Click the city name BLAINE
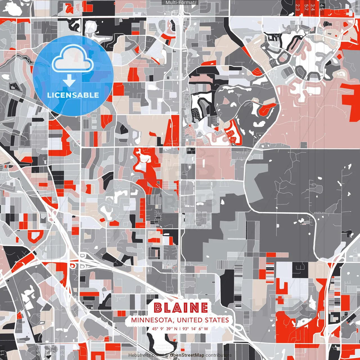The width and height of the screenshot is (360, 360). [x=181, y=308]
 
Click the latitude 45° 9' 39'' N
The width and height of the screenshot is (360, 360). [x=165, y=329]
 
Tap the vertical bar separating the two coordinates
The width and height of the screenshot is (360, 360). [x=180, y=329]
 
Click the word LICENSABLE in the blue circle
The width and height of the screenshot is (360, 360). [x=73, y=95]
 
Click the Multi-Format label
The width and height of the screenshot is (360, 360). [x=180, y=3]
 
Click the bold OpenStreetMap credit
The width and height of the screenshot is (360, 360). [x=187, y=355]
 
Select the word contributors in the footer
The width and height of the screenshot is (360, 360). [x=219, y=355]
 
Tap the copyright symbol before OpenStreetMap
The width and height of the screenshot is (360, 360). [x=167, y=355]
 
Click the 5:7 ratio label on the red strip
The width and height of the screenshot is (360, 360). [x=306, y=7]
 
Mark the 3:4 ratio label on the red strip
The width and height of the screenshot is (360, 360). [x=313, y=7]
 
